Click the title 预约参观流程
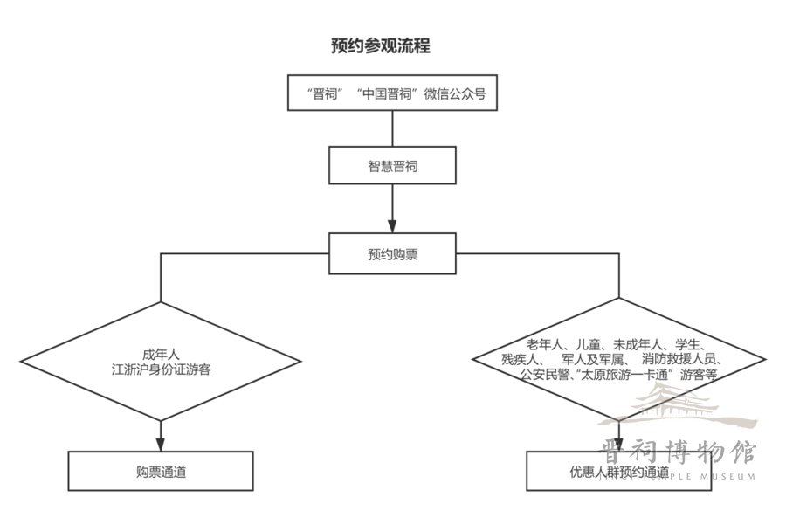[x=380, y=46]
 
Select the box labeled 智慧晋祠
[x=392, y=165]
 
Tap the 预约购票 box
[x=392, y=253]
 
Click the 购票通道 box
[x=161, y=472]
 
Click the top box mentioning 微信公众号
[x=392, y=94]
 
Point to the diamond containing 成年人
[x=161, y=362]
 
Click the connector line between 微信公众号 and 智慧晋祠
[x=392, y=128]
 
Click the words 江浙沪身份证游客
[x=161, y=369]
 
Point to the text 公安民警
[x=544, y=375]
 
